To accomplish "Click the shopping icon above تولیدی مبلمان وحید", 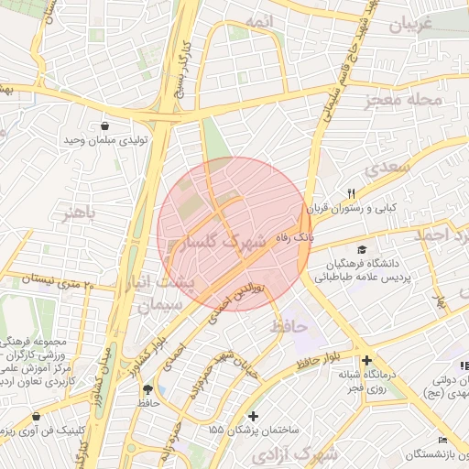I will tap(104, 126).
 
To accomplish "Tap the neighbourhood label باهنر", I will tap(79, 214).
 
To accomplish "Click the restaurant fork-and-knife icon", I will tap(351, 193).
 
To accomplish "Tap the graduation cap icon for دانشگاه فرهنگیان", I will tap(362, 250).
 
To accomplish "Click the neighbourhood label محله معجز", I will tap(403, 100).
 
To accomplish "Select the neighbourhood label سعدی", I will tap(384, 169).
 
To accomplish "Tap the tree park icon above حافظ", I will tap(148, 389).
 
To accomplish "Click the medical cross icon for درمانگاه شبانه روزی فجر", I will tap(366, 361).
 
